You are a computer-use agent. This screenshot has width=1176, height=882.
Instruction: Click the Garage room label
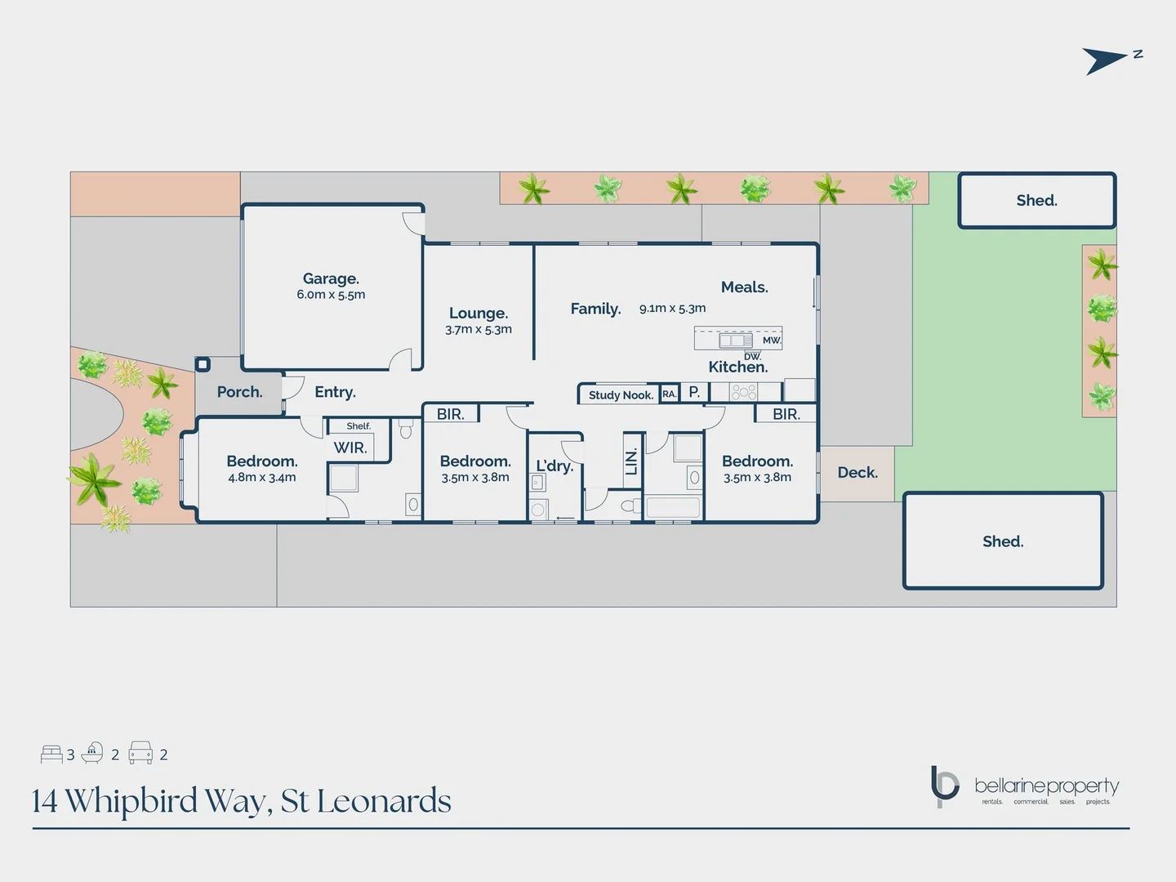[331, 279]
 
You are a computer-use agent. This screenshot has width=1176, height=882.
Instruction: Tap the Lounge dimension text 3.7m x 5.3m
[479, 330]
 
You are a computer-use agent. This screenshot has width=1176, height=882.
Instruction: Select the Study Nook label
[621, 395]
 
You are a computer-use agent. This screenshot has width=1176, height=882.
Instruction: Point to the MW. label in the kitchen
[772, 341]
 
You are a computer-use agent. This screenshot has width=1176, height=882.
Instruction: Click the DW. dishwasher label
[752, 356]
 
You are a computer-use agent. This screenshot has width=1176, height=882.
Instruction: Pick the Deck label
[857, 473]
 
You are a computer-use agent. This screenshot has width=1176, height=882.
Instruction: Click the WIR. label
[350, 448]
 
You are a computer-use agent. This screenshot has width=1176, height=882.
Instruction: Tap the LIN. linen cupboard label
[631, 462]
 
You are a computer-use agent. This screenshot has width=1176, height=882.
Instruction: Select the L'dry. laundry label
[555, 466]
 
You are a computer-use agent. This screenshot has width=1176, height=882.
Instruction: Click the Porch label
[239, 392]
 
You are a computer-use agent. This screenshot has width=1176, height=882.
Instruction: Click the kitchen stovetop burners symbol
[743, 393]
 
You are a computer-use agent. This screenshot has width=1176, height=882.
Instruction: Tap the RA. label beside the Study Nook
[669, 394]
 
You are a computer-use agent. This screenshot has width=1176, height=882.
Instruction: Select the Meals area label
[744, 287]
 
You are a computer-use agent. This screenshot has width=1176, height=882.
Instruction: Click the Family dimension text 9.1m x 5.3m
[672, 309]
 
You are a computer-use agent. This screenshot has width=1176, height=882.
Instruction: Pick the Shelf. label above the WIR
[358, 426]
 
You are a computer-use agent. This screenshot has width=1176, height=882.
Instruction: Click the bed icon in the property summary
[51, 754]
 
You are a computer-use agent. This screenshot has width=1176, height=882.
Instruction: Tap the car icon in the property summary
[140, 753]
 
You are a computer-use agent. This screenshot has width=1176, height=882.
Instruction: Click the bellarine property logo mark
[944, 786]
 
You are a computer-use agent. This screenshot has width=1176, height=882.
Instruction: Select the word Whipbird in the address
[131, 801]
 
